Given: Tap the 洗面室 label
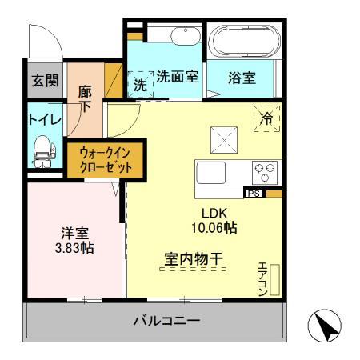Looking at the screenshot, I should point(178,78).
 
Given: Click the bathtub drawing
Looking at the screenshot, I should point(242,39).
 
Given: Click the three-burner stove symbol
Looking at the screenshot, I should point(264,170).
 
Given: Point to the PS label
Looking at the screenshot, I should point(252,194).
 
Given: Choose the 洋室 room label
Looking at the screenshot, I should point(76,234).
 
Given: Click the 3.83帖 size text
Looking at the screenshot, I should point(76,249).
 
